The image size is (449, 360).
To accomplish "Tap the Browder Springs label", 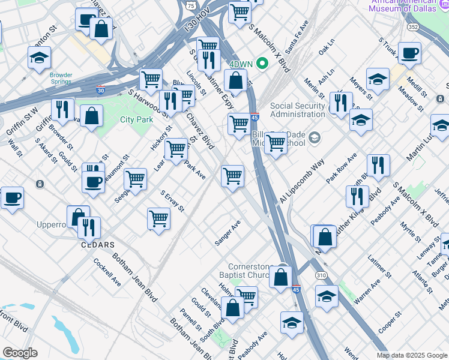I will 61,79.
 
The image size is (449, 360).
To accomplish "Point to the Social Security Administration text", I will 298,110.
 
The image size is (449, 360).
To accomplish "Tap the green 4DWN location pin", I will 262,62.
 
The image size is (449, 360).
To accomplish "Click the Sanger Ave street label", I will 228,233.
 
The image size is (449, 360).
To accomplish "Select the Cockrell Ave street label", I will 107,272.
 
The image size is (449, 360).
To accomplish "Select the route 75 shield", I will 190,5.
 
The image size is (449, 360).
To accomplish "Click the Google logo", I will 20,353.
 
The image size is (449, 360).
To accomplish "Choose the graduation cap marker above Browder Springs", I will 39,58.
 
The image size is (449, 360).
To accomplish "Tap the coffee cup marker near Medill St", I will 409,53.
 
